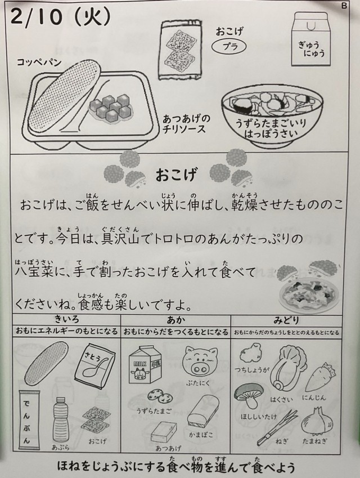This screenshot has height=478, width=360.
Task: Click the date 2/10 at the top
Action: [x=36, y=17]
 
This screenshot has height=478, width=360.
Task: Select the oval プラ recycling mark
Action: [x=229, y=47]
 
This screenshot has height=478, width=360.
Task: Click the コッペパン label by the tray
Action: [x=39, y=62]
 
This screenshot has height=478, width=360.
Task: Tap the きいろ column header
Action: [x=67, y=320]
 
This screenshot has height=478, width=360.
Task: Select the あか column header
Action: [x=176, y=320]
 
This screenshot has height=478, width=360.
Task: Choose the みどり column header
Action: [x=286, y=320]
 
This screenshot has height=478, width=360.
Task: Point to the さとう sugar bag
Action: [x=95, y=364]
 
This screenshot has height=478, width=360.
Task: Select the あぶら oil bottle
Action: [x=61, y=419]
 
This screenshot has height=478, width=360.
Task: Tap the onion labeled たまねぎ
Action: [x=317, y=422]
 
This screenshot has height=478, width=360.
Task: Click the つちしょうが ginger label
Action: [x=252, y=370]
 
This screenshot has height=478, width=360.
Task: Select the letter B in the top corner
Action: [x=344, y=6]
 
